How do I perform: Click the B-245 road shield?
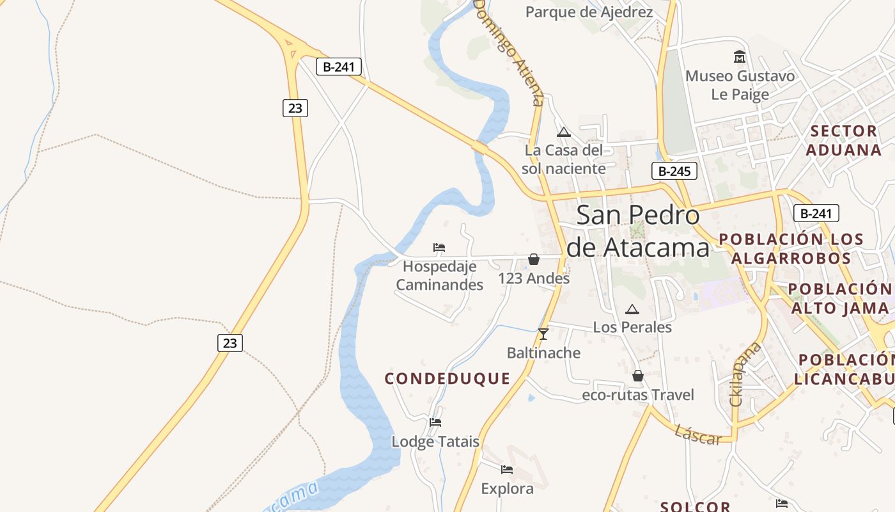coord(674,171)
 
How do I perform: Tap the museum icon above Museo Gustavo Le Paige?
coord(740,56)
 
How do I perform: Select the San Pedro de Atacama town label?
coord(638,231)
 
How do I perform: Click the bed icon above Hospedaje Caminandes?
coord(439,247)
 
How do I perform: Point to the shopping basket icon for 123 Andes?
coord(534,259)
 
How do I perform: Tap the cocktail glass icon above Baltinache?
coord(543,333)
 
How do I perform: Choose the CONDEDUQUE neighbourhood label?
coord(447,378)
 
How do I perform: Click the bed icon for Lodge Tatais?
coord(435,422)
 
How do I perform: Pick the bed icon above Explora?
coord(507,470)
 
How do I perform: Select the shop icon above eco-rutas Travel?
coord(637,376)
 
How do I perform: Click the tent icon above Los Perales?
coord(632,310)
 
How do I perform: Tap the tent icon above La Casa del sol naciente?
coord(563,132)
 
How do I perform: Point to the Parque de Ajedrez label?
coord(589,12)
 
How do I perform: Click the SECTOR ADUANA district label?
coord(843,140)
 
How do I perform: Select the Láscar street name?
coord(697,435)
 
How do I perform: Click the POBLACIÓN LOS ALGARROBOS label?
coord(791,248)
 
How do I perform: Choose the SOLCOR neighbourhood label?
coord(695,506)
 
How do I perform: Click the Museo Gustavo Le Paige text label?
coord(740,85)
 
